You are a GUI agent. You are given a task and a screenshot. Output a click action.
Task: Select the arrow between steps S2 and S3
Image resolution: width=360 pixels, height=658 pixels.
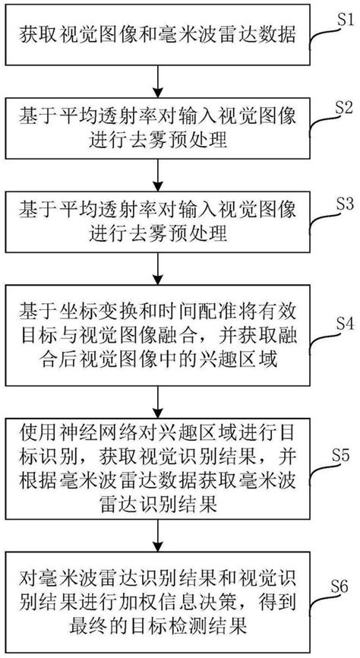pos(156,177)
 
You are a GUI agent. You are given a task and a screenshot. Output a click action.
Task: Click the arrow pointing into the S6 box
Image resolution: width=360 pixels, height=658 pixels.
pos(156,535)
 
